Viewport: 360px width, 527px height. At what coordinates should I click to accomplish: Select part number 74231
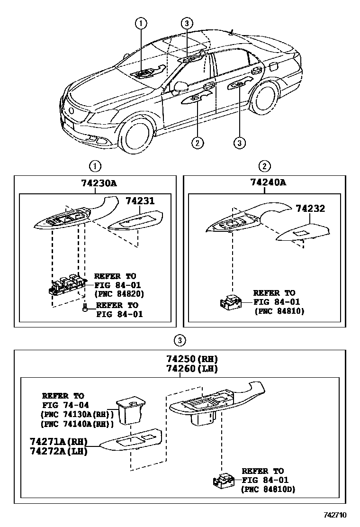point(140,201)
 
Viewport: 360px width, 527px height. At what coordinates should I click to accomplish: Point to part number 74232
point(310,209)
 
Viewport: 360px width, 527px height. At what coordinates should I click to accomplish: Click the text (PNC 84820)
point(119,293)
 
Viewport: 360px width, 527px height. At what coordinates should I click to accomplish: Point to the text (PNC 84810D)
point(268,489)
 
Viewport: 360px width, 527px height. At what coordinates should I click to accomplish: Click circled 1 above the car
point(141,22)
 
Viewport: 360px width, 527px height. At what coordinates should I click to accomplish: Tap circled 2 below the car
point(198,142)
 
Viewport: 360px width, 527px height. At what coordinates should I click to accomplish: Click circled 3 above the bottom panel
point(178,340)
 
